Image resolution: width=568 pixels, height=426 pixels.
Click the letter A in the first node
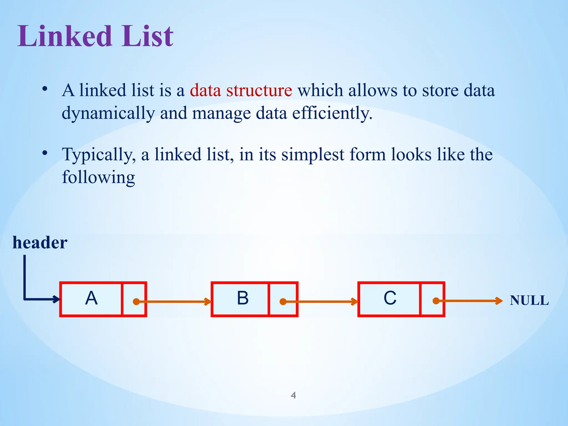tap(91, 298)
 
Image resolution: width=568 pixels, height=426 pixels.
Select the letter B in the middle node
tap(243, 298)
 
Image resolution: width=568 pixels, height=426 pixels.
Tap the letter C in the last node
tap(390, 298)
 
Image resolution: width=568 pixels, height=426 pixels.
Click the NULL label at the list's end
tap(529, 300)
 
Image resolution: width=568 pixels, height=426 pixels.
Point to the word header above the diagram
tap(40, 243)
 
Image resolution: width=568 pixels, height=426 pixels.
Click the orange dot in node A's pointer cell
tap(136, 301)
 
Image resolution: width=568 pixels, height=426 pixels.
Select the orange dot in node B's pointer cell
tap(283, 301)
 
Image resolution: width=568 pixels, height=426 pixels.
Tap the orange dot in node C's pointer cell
tap(436, 301)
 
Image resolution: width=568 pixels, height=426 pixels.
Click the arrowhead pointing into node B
tap(208, 301)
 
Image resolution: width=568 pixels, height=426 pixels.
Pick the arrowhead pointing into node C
tap(355, 301)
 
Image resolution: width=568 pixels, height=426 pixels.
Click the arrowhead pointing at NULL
tap(499, 301)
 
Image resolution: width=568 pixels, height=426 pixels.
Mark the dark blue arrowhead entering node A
tap(57, 299)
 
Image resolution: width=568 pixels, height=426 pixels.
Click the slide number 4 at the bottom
tap(293, 395)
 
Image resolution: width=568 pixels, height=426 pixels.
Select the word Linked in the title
tap(65, 36)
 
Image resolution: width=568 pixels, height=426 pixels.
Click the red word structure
tap(259, 90)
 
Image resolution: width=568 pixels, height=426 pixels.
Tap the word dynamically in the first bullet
tap(108, 113)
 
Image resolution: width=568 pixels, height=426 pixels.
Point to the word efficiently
tap(332, 113)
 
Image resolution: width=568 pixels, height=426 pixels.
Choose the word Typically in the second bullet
tap(99, 155)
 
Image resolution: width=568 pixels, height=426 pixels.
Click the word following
tap(98, 177)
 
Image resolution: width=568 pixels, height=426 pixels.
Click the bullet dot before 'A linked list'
tap(45, 89)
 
